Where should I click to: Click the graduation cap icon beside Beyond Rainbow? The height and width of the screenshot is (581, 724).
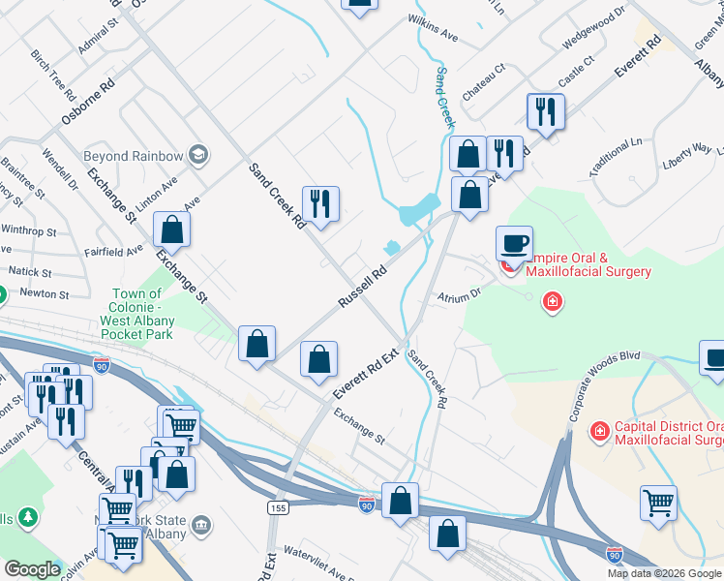(198, 155)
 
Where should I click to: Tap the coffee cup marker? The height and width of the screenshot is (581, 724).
(514, 243)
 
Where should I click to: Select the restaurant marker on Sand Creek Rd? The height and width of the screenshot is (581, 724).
(320, 203)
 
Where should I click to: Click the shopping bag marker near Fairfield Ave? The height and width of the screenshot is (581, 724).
(171, 229)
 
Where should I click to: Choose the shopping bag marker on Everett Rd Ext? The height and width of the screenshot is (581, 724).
(318, 359)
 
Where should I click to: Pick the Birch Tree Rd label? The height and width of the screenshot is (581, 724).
(53, 76)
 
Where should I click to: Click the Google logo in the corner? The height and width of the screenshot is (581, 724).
(31, 569)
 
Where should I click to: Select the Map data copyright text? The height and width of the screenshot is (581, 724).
(665, 573)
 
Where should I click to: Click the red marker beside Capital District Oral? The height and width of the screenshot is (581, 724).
(599, 429)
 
